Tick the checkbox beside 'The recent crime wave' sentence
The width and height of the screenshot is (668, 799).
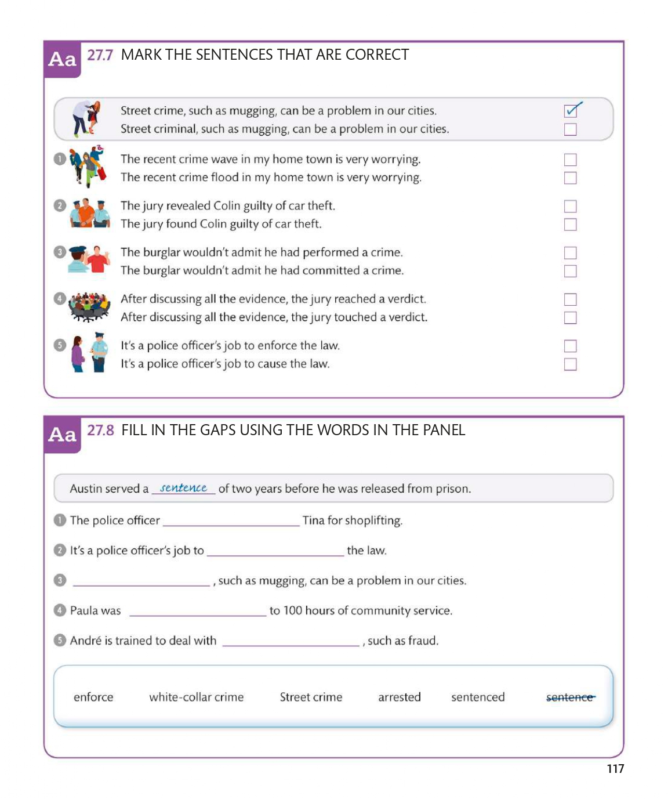(x=570, y=160)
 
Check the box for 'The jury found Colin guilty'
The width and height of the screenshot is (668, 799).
(x=570, y=225)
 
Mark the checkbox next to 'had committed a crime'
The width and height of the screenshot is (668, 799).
(x=570, y=271)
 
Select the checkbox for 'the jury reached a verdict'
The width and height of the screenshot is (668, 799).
(x=570, y=299)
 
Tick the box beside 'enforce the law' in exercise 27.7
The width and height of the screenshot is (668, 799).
(x=570, y=346)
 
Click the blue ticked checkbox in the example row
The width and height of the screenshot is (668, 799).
(x=571, y=110)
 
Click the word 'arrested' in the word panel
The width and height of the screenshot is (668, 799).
(x=399, y=697)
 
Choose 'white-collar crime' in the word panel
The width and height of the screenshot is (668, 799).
(x=196, y=697)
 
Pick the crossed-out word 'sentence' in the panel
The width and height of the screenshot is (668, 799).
(x=570, y=697)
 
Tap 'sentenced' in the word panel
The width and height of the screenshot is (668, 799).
(x=478, y=697)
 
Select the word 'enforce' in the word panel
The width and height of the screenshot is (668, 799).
(x=93, y=697)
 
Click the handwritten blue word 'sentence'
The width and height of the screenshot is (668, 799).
(x=183, y=488)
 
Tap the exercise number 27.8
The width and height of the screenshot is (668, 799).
(x=100, y=430)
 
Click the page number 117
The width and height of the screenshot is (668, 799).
(x=615, y=769)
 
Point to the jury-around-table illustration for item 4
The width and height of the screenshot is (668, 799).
(x=89, y=306)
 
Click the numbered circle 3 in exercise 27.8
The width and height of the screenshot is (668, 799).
(x=60, y=580)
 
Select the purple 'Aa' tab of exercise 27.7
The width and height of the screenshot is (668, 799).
(x=62, y=59)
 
